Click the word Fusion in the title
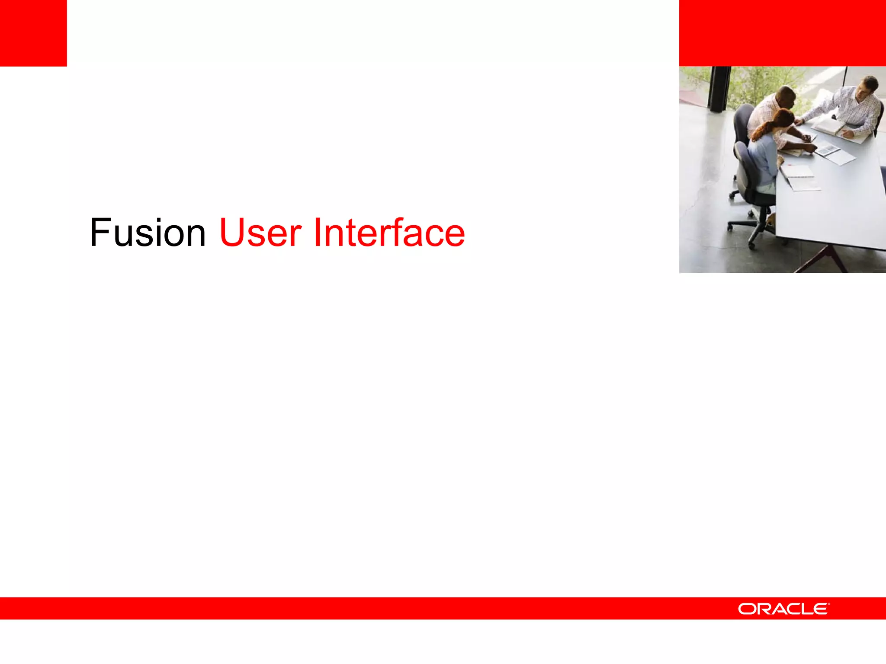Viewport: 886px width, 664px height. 148,233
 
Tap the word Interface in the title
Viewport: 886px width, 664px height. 388,233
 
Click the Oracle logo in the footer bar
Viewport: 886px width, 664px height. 783,609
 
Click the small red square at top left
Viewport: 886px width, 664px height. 33,33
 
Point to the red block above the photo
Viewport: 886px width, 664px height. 782,33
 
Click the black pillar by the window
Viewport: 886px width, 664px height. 719,89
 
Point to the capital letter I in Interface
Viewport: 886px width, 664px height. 317,233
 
